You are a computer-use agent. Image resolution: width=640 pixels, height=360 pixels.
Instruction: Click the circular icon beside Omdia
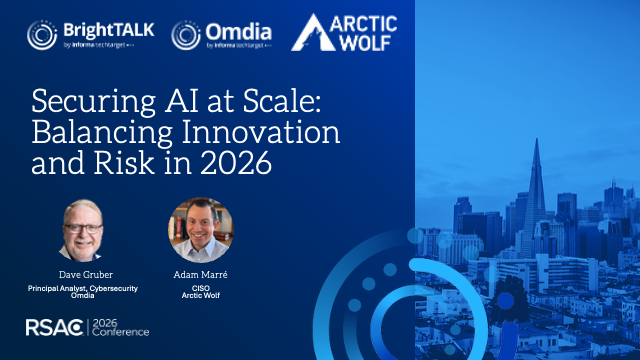click(186, 34)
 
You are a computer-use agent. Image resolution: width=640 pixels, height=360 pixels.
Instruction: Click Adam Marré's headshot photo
click(195, 229)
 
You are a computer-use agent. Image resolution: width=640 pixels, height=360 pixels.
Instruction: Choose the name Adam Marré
click(195, 272)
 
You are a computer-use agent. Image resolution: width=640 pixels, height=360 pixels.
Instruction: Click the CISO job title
click(195, 286)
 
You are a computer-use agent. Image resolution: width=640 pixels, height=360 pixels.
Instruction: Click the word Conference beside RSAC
click(123, 334)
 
